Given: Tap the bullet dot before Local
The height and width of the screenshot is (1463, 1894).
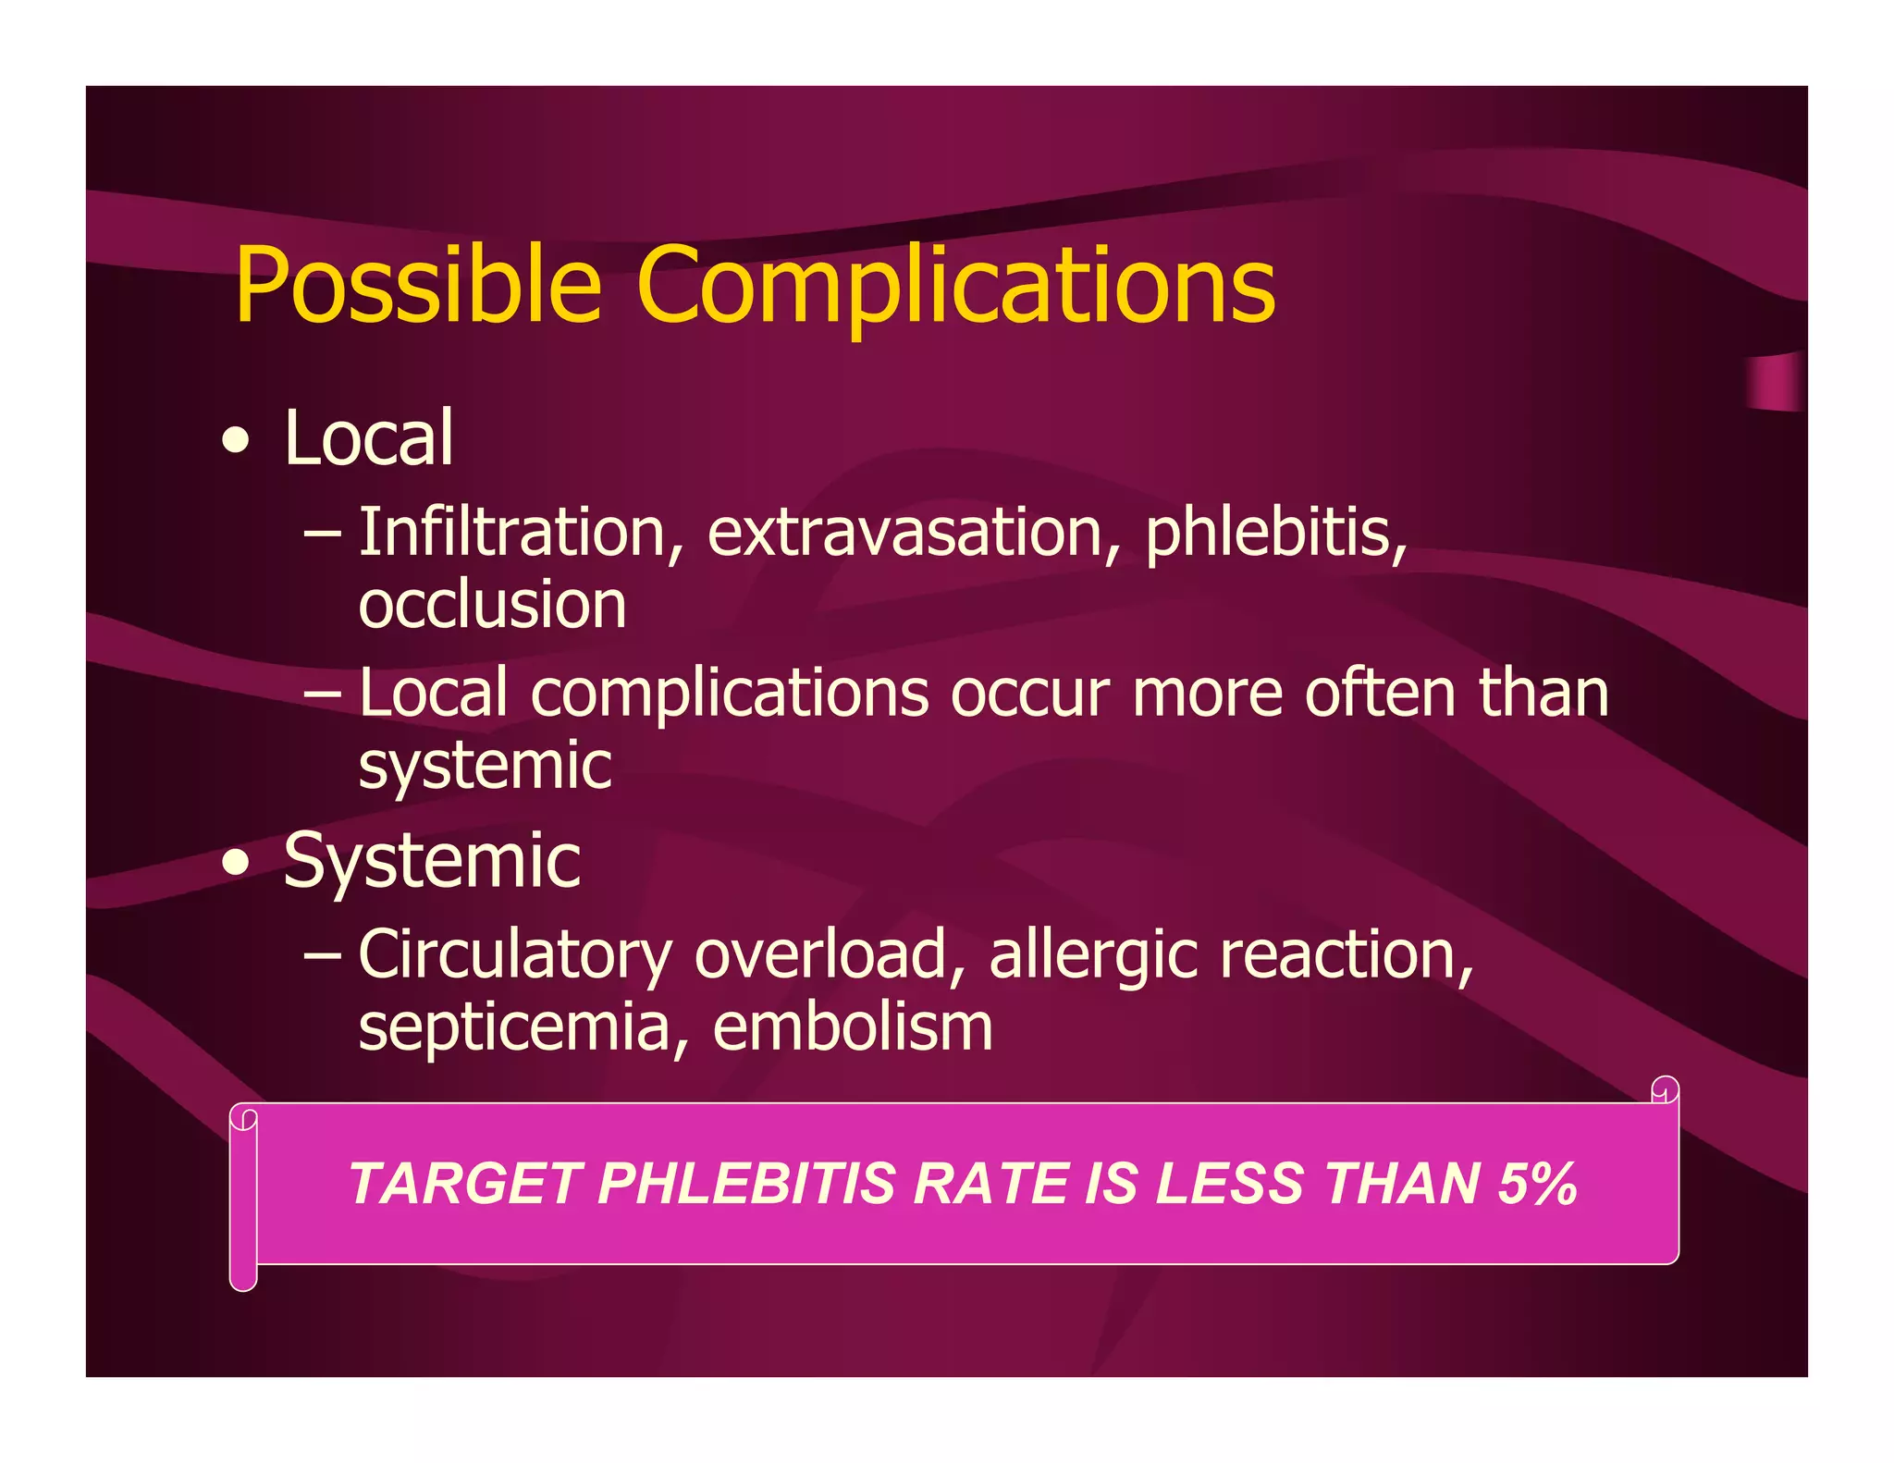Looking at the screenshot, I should (237, 441).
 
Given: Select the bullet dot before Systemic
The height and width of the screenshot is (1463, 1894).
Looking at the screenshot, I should (237, 863).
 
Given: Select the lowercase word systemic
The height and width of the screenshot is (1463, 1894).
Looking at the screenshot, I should (485, 766).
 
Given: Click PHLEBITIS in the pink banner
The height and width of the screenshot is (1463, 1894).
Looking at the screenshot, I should (747, 1184).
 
